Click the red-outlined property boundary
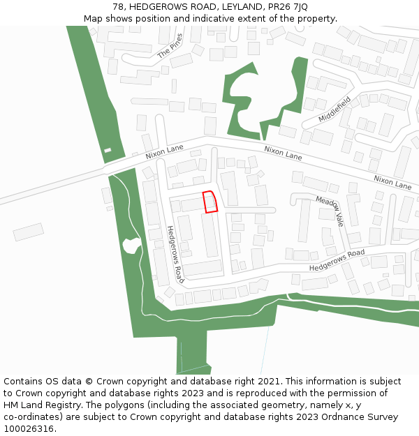[x=209, y=202]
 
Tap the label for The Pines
[x=170, y=46]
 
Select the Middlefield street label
[x=335, y=110]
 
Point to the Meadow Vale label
[x=330, y=210]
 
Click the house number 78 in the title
[x=118, y=7]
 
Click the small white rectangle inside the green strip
[x=108, y=150]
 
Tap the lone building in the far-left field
[x=28, y=232]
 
